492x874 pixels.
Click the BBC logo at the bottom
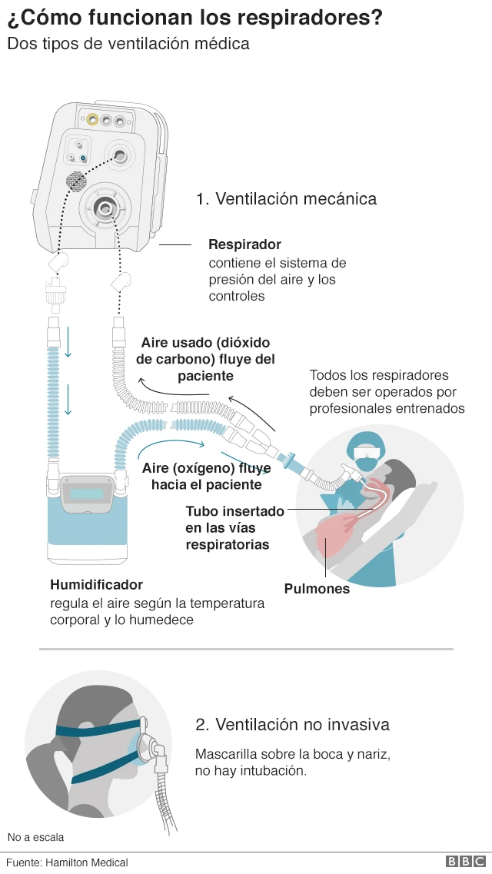pos(465,862)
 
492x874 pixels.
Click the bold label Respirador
pos(244,244)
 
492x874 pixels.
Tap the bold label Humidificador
pos(96,585)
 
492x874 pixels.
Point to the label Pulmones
pos(317,589)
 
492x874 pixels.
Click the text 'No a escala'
pos(36,837)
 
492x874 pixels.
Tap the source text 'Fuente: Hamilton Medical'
pos(67,862)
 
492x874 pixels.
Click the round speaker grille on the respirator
pos(75,181)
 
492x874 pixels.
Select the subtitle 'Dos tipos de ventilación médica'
pos(128,44)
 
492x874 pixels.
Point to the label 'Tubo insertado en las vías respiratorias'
pos(234,527)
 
